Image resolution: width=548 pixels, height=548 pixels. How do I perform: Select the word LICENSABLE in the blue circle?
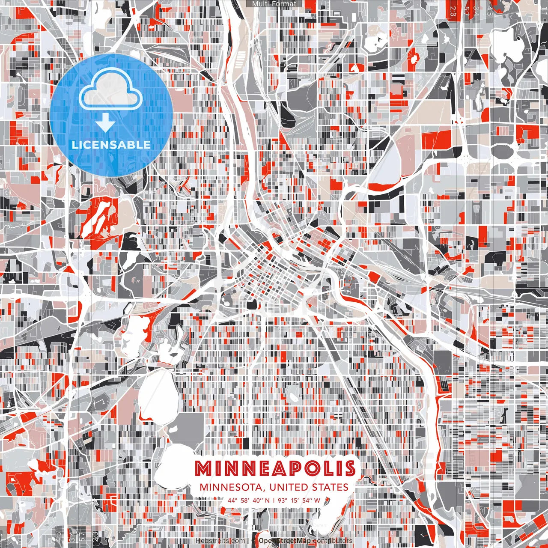pyautogui.click(x=111, y=145)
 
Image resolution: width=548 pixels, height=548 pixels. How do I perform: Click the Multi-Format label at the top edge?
pyautogui.click(x=274, y=4)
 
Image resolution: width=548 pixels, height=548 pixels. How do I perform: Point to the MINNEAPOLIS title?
pyautogui.click(x=275, y=469)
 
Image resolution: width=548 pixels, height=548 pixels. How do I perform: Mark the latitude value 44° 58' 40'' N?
pyautogui.click(x=249, y=500)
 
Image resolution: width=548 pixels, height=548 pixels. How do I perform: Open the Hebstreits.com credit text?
pyautogui.click(x=220, y=541)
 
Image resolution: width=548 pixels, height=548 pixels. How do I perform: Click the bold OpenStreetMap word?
pyautogui.click(x=285, y=541)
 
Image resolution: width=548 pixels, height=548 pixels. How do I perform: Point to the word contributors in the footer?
pyautogui.click(x=333, y=541)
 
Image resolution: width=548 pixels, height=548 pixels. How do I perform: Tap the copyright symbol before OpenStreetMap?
pyautogui.click(x=253, y=541)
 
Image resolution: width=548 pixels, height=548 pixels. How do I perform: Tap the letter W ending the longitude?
pyautogui.click(x=317, y=500)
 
